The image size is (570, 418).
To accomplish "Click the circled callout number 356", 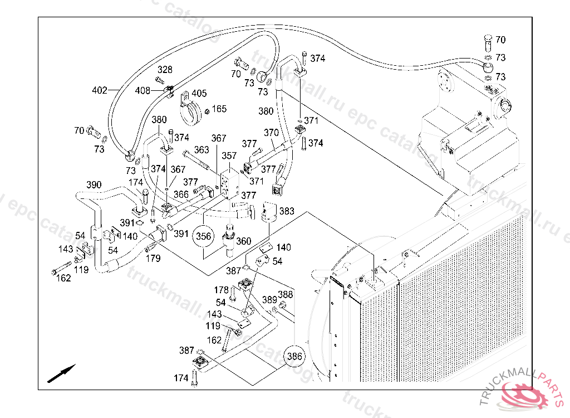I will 204,236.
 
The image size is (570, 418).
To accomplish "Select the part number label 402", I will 99,90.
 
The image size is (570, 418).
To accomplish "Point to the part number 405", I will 199,94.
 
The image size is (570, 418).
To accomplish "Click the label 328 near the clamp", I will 165,70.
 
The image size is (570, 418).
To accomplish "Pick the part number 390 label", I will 94,185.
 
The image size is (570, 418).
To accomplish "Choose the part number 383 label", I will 287,211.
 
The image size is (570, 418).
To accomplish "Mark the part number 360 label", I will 243,241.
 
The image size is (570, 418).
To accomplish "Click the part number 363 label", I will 202,150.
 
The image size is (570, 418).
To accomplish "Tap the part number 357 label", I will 229,156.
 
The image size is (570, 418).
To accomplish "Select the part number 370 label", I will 271,133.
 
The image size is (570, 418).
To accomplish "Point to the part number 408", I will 143,90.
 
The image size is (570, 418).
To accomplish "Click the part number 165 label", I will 219,109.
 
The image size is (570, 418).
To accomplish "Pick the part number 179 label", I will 153,258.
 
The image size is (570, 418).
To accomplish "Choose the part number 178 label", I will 222,290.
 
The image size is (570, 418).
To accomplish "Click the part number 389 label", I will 269,300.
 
